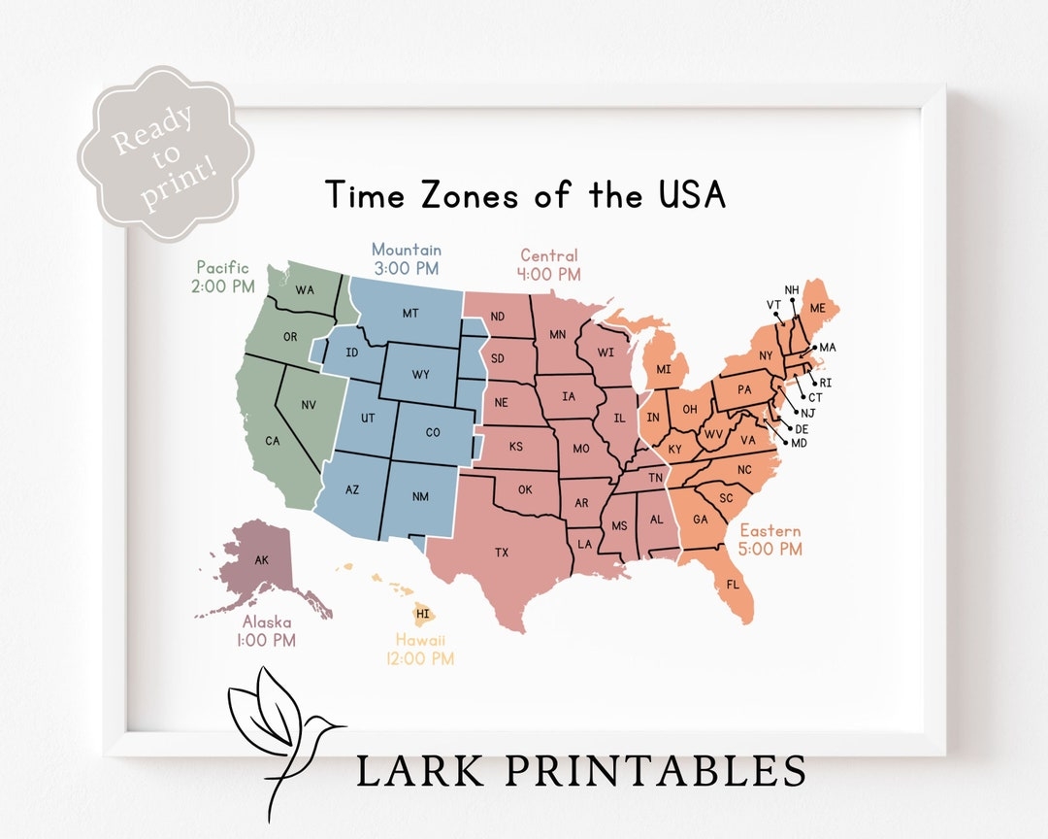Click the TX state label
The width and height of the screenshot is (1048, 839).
click(x=502, y=553)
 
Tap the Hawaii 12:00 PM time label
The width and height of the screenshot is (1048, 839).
click(x=424, y=658)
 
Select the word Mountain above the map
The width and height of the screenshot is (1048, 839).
click(x=406, y=250)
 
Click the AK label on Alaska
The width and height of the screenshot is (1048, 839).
click(x=262, y=560)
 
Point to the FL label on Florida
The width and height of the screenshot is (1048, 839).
click(x=733, y=585)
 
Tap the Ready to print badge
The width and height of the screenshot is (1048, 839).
click(x=165, y=153)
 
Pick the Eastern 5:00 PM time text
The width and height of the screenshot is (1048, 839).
click(x=771, y=549)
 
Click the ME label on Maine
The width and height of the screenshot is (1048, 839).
click(x=818, y=308)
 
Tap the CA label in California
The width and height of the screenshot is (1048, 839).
click(x=273, y=441)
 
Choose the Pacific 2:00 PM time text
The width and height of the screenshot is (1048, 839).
click(x=224, y=286)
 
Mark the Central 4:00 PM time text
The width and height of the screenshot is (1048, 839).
click(x=548, y=275)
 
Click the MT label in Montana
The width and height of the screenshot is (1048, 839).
click(x=409, y=314)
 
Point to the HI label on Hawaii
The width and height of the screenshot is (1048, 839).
click(x=422, y=614)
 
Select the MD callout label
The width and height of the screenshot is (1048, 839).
click(x=799, y=443)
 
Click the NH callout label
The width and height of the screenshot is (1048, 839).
click(x=792, y=289)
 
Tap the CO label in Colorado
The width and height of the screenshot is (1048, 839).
click(x=432, y=432)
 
